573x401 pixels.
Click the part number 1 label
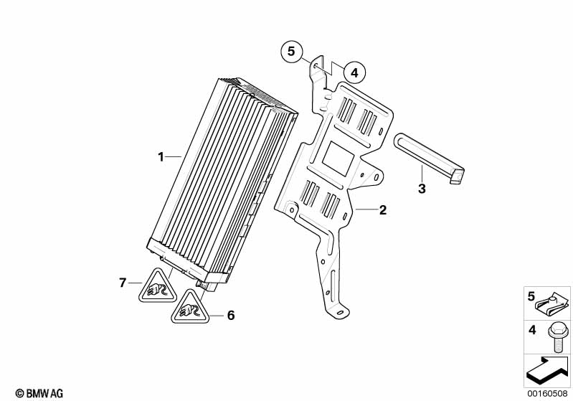coord(161,156)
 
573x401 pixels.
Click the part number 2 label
coord(382,210)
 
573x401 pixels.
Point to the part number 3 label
coord(422,189)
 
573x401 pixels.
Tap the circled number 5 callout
coord(291,52)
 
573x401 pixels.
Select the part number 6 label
coord(231,314)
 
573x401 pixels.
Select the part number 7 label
coord(122,283)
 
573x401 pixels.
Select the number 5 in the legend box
coord(531,296)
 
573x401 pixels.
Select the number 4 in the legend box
coord(531,331)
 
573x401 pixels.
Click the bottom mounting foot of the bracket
coord(339,310)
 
